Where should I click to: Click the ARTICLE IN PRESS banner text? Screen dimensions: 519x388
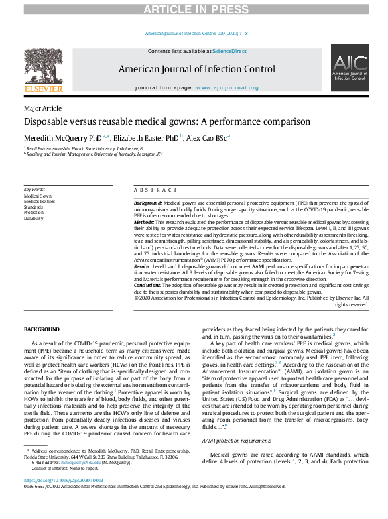point(194,9)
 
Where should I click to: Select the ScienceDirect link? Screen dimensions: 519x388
point(229,51)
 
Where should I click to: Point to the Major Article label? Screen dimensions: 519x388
point(42,108)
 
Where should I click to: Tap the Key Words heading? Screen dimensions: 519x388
point(34,190)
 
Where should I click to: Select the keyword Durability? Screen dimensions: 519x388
point(34,218)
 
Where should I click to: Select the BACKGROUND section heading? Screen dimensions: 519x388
point(42,329)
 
